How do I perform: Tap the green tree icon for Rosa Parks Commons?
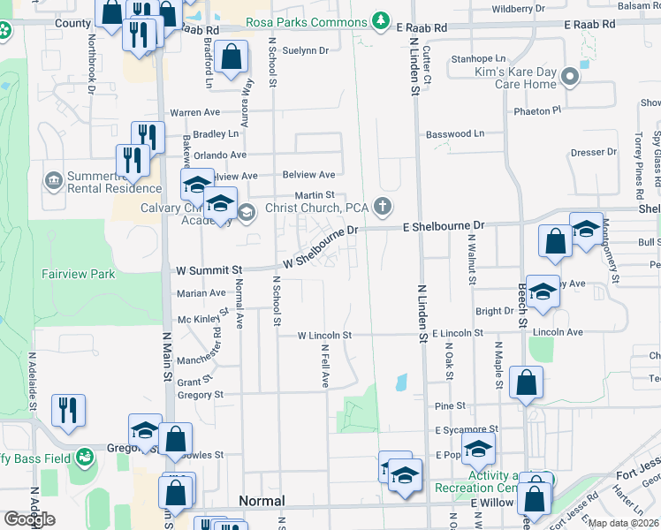(381, 19)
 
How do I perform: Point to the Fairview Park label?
(77, 274)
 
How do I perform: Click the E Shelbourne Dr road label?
(444, 226)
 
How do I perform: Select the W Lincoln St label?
(324, 336)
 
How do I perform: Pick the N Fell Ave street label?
(325, 366)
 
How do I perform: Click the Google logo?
(29, 519)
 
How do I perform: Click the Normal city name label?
(262, 501)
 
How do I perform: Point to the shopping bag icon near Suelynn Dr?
(231, 58)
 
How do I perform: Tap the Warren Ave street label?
(194, 113)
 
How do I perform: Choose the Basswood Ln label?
(455, 134)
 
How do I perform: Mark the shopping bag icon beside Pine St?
(526, 382)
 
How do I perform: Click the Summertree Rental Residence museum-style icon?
(54, 180)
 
